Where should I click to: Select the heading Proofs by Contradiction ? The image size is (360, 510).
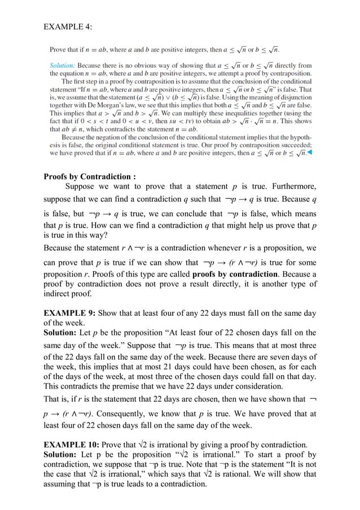[x=90, y=176]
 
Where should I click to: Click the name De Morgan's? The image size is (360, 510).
[x=96, y=104]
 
